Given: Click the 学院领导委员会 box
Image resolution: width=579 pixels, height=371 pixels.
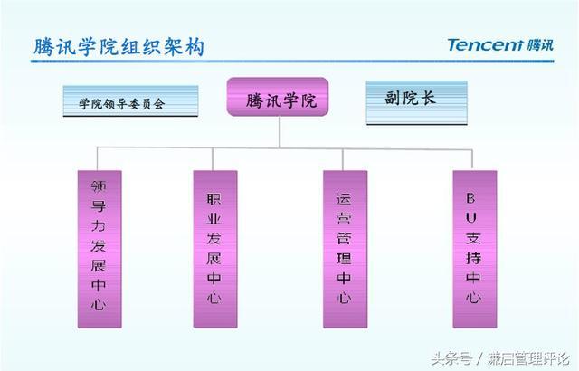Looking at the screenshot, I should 132,102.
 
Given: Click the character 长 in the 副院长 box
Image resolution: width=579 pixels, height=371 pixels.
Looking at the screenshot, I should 428,99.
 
